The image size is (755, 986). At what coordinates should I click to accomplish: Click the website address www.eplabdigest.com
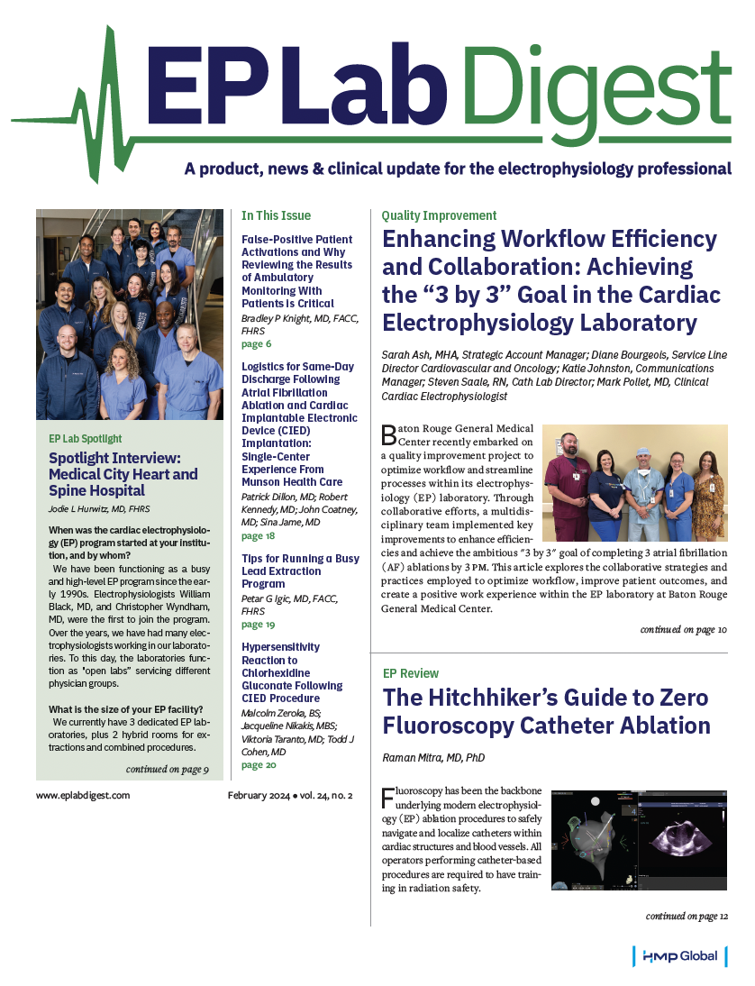(83, 795)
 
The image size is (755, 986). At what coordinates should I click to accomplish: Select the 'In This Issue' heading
(276, 216)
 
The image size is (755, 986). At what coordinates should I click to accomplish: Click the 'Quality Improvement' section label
(439, 216)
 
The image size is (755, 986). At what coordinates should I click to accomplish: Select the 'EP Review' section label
(411, 673)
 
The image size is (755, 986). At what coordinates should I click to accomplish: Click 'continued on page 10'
(684, 630)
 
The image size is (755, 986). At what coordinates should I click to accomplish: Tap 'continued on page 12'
(687, 917)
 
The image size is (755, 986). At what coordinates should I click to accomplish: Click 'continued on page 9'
(168, 769)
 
